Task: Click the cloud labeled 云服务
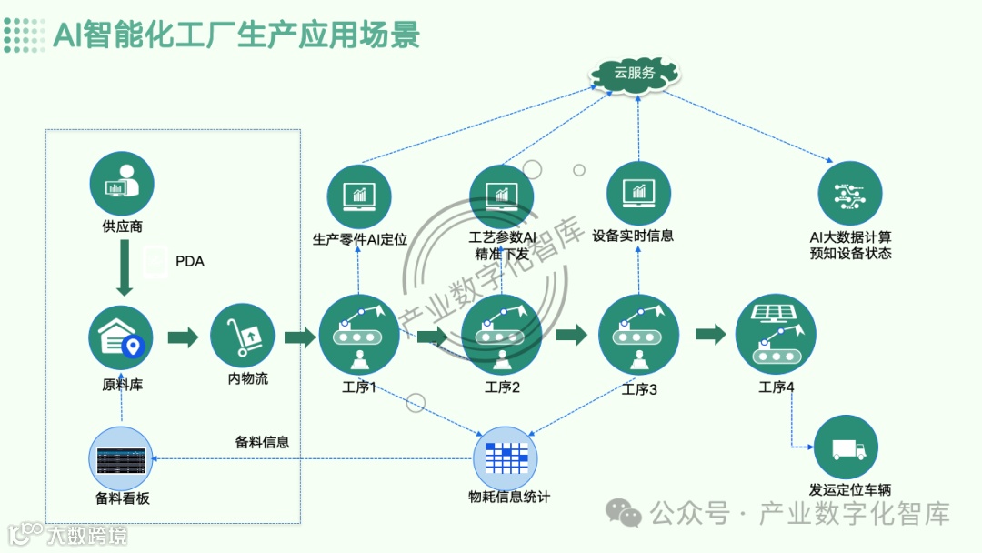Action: click(x=634, y=72)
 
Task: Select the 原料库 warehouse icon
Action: click(x=121, y=337)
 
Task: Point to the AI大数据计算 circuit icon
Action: click(x=850, y=193)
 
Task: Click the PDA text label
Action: click(x=189, y=262)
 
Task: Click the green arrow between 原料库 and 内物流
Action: click(x=183, y=337)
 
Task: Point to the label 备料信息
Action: click(x=262, y=442)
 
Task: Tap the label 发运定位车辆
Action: click(x=849, y=489)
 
